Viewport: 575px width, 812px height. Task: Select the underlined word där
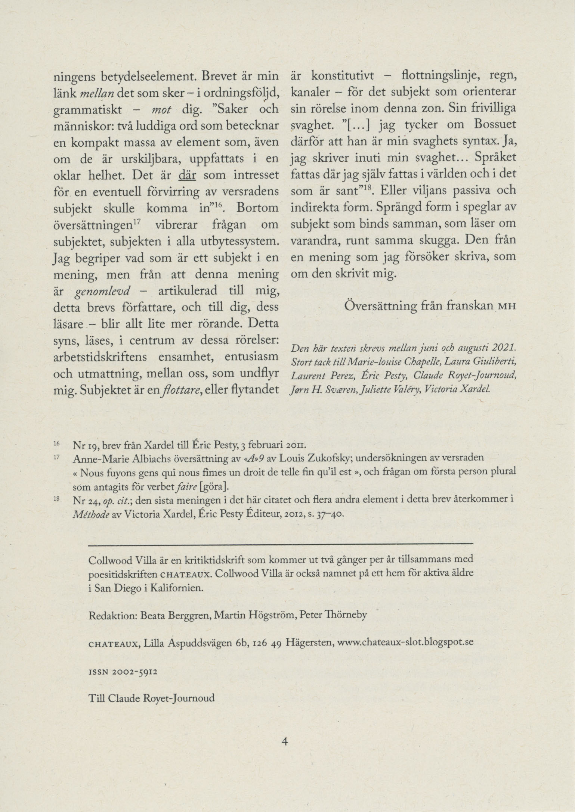point(188,175)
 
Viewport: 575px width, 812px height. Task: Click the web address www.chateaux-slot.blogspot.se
point(405,643)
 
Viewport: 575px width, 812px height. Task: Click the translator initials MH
point(507,307)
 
